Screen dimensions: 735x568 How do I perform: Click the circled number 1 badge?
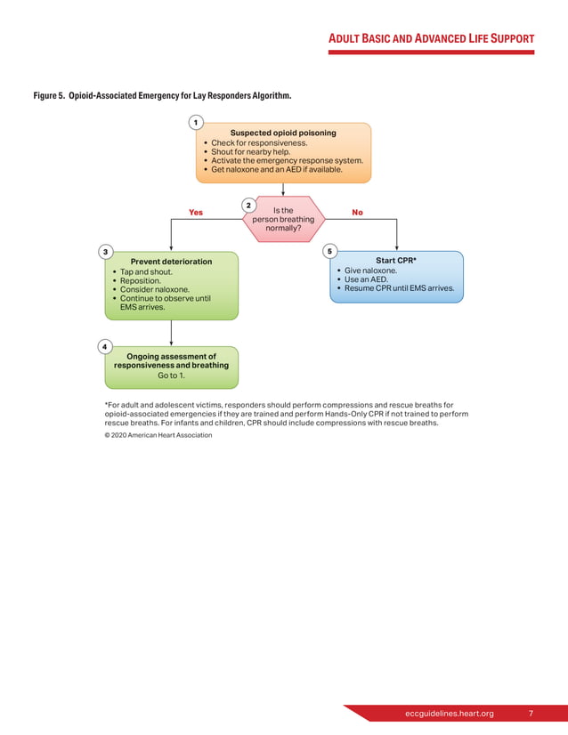[195, 122]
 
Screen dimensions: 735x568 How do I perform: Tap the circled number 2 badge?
[248, 206]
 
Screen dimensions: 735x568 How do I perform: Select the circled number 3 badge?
[105, 252]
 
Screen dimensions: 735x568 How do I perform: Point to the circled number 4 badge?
[105, 345]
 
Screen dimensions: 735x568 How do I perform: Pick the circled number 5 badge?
[329, 252]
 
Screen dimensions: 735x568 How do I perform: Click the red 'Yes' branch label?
[196, 213]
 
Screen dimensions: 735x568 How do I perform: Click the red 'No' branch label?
[357, 213]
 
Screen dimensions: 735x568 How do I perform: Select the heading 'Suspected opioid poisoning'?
[283, 133]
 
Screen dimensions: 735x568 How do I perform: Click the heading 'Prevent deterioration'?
[171, 262]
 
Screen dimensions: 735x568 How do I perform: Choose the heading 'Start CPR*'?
[396, 261]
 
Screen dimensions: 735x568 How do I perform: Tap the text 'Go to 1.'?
[171, 376]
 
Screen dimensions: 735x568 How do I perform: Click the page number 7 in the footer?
[531, 714]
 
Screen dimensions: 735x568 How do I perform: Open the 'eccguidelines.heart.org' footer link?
[449, 714]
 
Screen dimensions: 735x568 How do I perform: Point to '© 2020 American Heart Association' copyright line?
[158, 435]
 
